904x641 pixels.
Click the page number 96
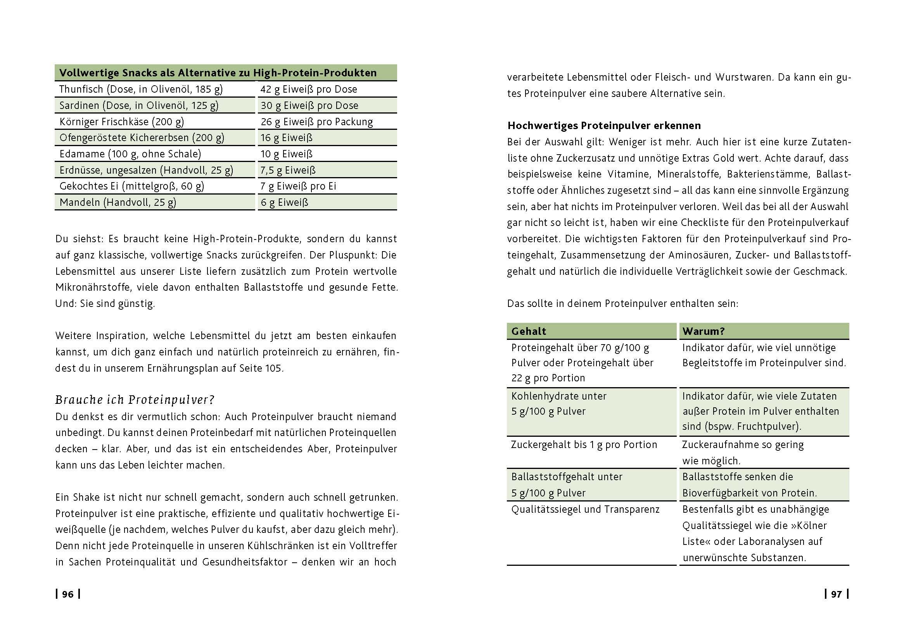[67, 594]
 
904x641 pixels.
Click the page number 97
[836, 594]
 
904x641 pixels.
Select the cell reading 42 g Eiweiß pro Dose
[308, 89]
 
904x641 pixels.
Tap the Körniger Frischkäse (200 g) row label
[122, 122]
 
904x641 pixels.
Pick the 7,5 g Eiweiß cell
[288, 170]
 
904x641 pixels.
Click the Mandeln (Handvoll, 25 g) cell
[118, 202]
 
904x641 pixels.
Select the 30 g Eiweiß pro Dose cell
[309, 105]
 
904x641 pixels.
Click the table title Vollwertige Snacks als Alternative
[218, 73]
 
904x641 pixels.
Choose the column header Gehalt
[529, 331]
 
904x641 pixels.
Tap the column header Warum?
[703, 331]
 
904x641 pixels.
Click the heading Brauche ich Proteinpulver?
[135, 400]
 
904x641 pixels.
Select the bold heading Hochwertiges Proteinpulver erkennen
[604, 126]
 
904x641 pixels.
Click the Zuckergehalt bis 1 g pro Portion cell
[584, 445]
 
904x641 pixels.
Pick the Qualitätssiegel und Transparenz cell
[585, 510]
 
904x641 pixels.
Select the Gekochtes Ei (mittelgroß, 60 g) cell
[131, 186]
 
